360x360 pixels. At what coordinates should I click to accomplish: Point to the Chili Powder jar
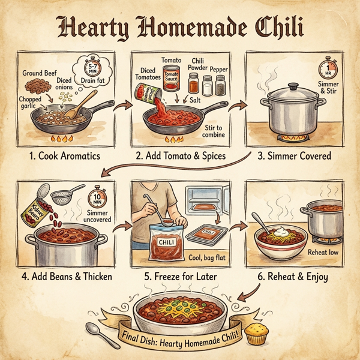193,84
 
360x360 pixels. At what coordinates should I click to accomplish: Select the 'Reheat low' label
323,253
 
